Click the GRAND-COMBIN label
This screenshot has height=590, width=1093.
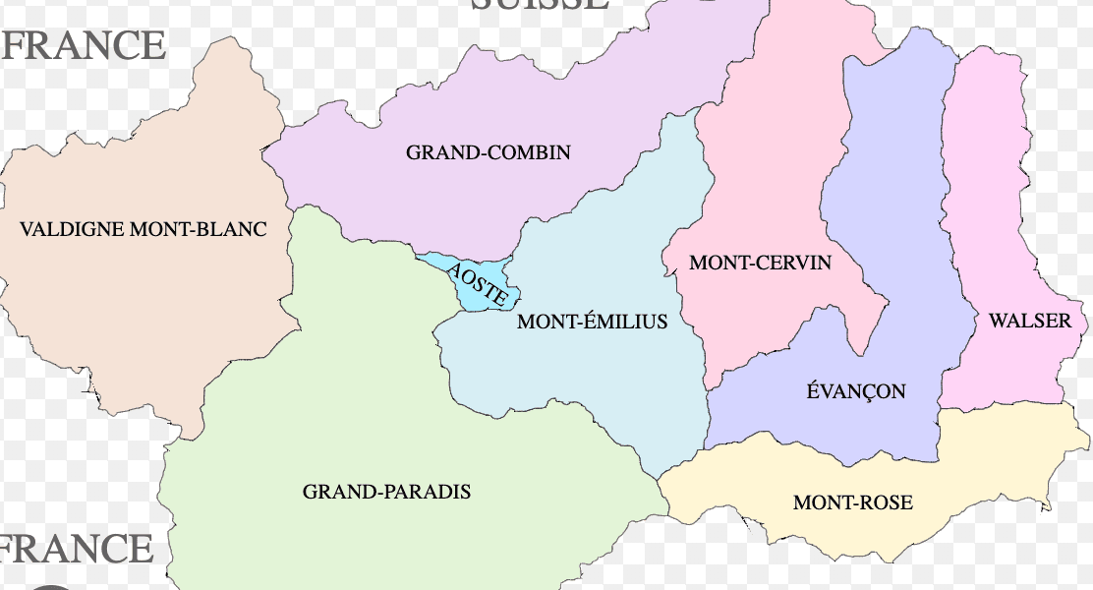488,152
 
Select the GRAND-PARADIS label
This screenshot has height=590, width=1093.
386,491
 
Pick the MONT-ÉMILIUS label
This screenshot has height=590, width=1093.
592,322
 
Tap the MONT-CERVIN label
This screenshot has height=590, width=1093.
760,263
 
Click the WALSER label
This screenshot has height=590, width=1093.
1029,321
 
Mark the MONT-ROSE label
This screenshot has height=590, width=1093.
852,502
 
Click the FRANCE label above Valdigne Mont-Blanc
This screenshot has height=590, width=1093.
83,45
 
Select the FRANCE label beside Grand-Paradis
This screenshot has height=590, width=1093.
77,549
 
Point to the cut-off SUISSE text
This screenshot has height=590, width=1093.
539,5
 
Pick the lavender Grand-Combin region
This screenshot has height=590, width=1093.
550,98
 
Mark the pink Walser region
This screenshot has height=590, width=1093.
993,197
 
